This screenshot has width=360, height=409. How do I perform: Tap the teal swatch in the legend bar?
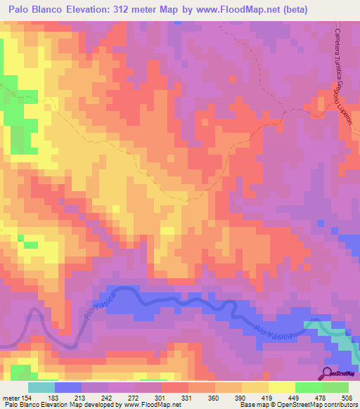[41, 387]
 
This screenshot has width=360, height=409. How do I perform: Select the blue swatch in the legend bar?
[68, 387]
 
